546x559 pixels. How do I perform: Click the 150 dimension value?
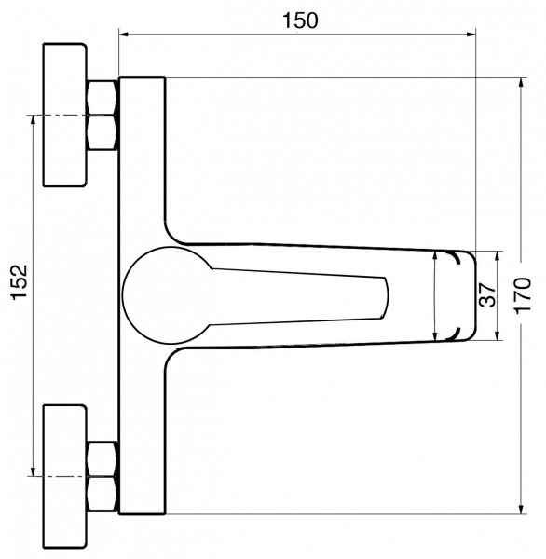300,20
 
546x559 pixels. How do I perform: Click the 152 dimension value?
20,282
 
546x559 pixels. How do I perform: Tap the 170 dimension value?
524,295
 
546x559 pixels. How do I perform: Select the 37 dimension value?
487,295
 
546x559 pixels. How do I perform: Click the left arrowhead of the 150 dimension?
123,34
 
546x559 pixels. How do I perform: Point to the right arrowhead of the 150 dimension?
471,34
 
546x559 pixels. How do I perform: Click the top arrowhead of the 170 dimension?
522,83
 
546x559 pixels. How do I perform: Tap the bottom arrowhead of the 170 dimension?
522,509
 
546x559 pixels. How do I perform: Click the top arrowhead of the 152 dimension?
34,120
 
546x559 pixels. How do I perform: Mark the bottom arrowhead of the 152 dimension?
34,471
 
